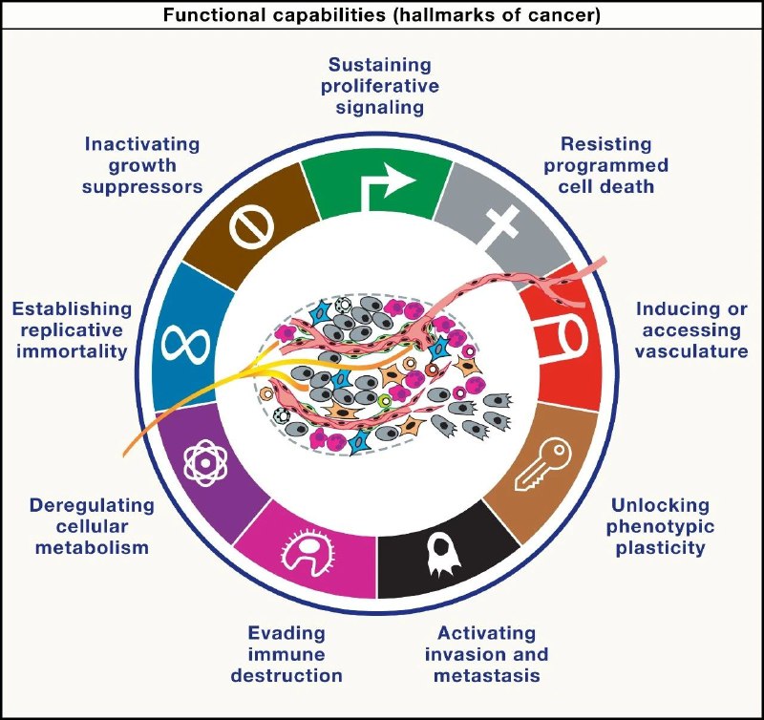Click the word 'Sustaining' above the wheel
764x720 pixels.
click(x=379, y=65)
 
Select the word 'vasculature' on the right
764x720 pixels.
click(x=692, y=351)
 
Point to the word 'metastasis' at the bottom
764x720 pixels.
click(x=487, y=676)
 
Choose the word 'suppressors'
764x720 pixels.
click(x=142, y=186)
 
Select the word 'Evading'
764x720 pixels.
click(x=286, y=632)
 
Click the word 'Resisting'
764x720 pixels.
click(x=606, y=144)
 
